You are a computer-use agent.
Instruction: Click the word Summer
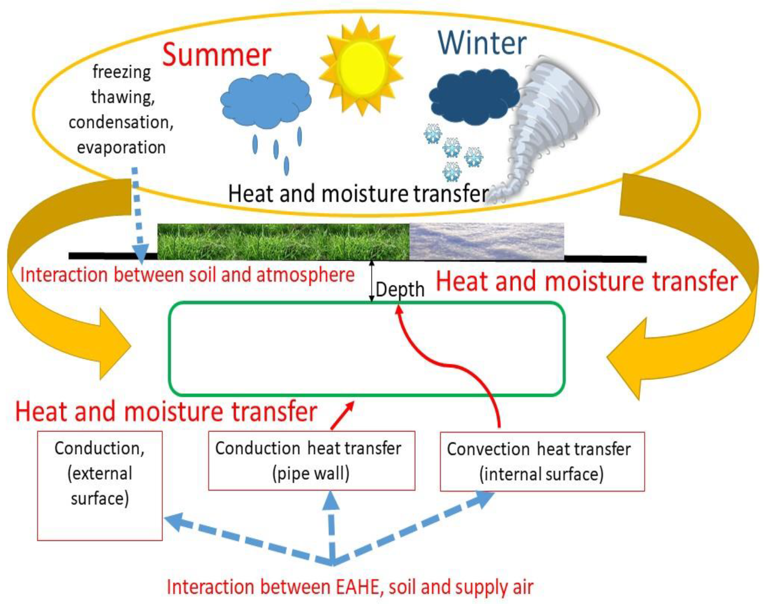tap(216, 55)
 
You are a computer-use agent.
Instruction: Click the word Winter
tap(482, 43)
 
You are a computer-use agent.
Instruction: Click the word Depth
tap(400, 290)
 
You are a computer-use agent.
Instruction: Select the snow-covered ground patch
tap(487, 241)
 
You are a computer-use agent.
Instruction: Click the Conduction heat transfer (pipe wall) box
tap(311, 460)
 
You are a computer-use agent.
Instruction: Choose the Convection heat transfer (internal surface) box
tap(542, 462)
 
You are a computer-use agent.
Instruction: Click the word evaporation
tap(121, 147)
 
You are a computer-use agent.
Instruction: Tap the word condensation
tap(121, 122)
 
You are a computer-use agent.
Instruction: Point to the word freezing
tap(121, 72)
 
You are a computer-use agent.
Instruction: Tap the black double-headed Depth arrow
tap(372, 281)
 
